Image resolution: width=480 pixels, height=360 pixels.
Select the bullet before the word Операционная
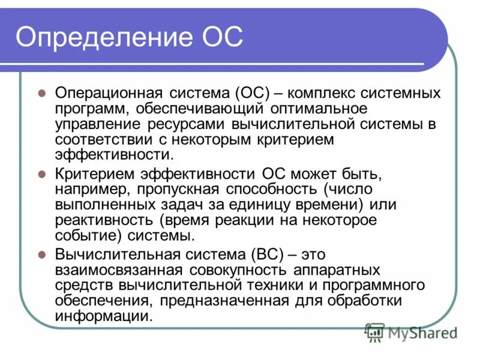tap(42, 94)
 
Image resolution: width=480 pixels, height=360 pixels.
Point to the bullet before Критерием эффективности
tap(42, 175)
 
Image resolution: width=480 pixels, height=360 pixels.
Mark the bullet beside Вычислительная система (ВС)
tap(42, 254)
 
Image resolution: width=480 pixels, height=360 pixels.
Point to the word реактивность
tap(104, 220)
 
